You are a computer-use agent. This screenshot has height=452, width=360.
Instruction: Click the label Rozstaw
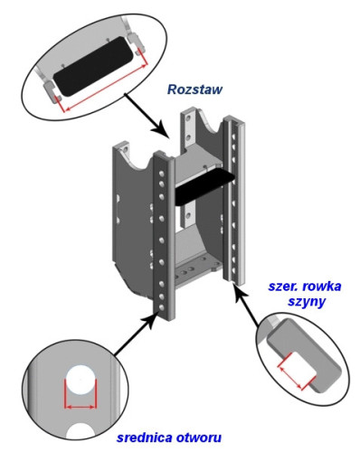pyautogui.click(x=194, y=89)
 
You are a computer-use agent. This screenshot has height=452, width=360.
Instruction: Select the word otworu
pyautogui.click(x=200, y=439)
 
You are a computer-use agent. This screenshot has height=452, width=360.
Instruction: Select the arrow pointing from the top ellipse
pyautogui.click(x=149, y=123)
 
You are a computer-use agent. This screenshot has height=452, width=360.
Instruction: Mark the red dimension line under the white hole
pyautogui.click(x=79, y=399)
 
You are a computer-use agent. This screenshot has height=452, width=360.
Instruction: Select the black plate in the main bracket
pyautogui.click(x=201, y=186)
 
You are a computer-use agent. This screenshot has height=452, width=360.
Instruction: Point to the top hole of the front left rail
pyautogui.click(x=160, y=165)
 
